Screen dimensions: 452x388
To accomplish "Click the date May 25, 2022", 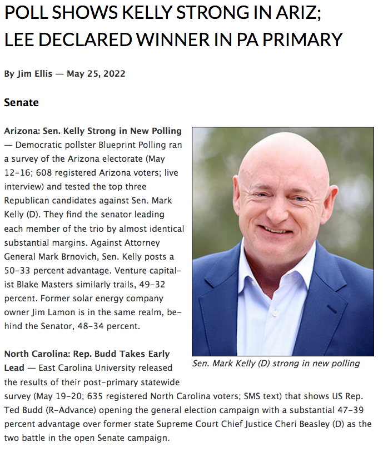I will pyautogui.click(x=96, y=74).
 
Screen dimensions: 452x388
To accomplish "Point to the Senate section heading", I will pyautogui.click(x=22, y=102).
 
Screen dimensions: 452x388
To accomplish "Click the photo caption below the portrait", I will pyautogui.click(x=276, y=364).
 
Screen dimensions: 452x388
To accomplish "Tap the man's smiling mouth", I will pyautogui.click(x=277, y=230).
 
